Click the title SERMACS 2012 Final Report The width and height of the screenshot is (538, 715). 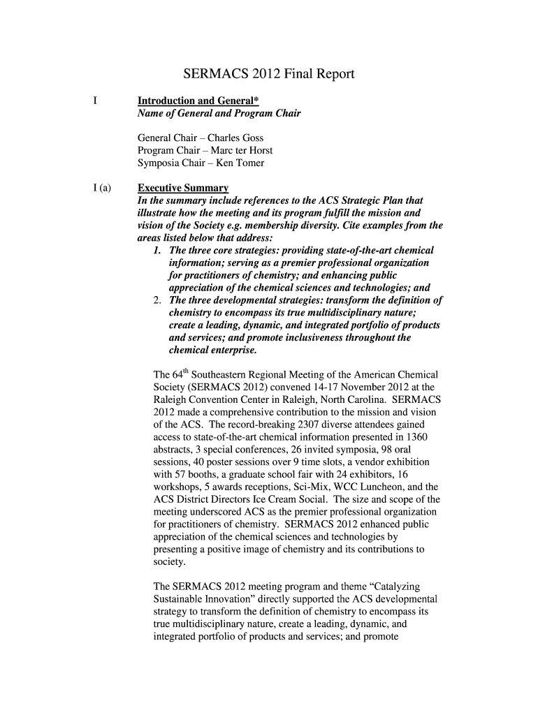tap(269, 74)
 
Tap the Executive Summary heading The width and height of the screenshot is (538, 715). tap(183, 188)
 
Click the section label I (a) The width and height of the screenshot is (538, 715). tap(102, 188)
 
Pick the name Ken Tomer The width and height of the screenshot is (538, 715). tap(240, 163)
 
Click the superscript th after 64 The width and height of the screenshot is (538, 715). tap(184, 372)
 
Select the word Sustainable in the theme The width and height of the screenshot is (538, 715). tap(179, 599)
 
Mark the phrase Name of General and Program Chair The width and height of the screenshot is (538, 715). tap(219, 113)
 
